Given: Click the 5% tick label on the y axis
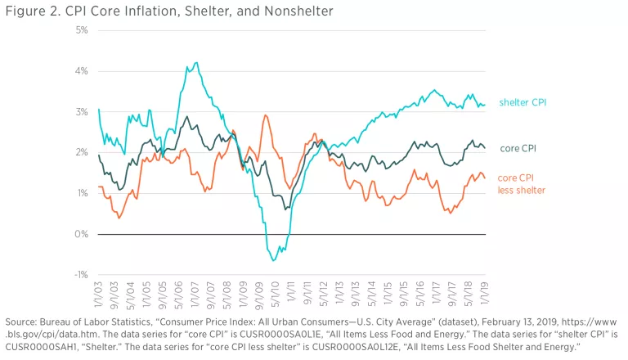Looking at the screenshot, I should coord(82,30).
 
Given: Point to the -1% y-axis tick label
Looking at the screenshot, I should coord(81,275).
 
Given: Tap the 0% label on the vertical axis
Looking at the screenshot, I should coord(82,234).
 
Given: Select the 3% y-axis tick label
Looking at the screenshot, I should coord(82,112).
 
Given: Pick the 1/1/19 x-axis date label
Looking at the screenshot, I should coord(485,293).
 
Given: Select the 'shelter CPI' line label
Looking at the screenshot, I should coord(523,102).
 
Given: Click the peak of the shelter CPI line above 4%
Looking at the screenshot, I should coord(195,63).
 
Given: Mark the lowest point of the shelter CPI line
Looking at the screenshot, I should coord(274,260).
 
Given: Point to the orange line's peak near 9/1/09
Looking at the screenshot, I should coord(266,115).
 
